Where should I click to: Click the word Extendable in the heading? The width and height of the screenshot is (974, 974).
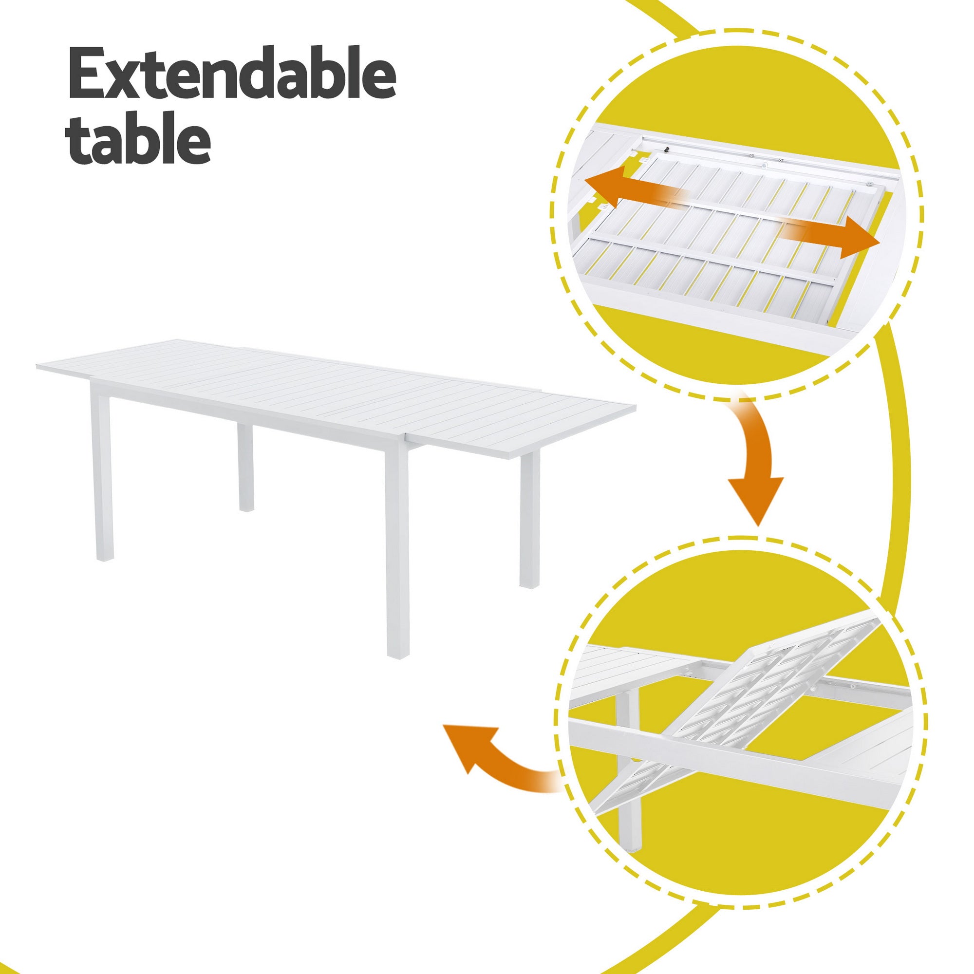click(232, 74)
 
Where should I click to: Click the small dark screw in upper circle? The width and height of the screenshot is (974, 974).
click(667, 150)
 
